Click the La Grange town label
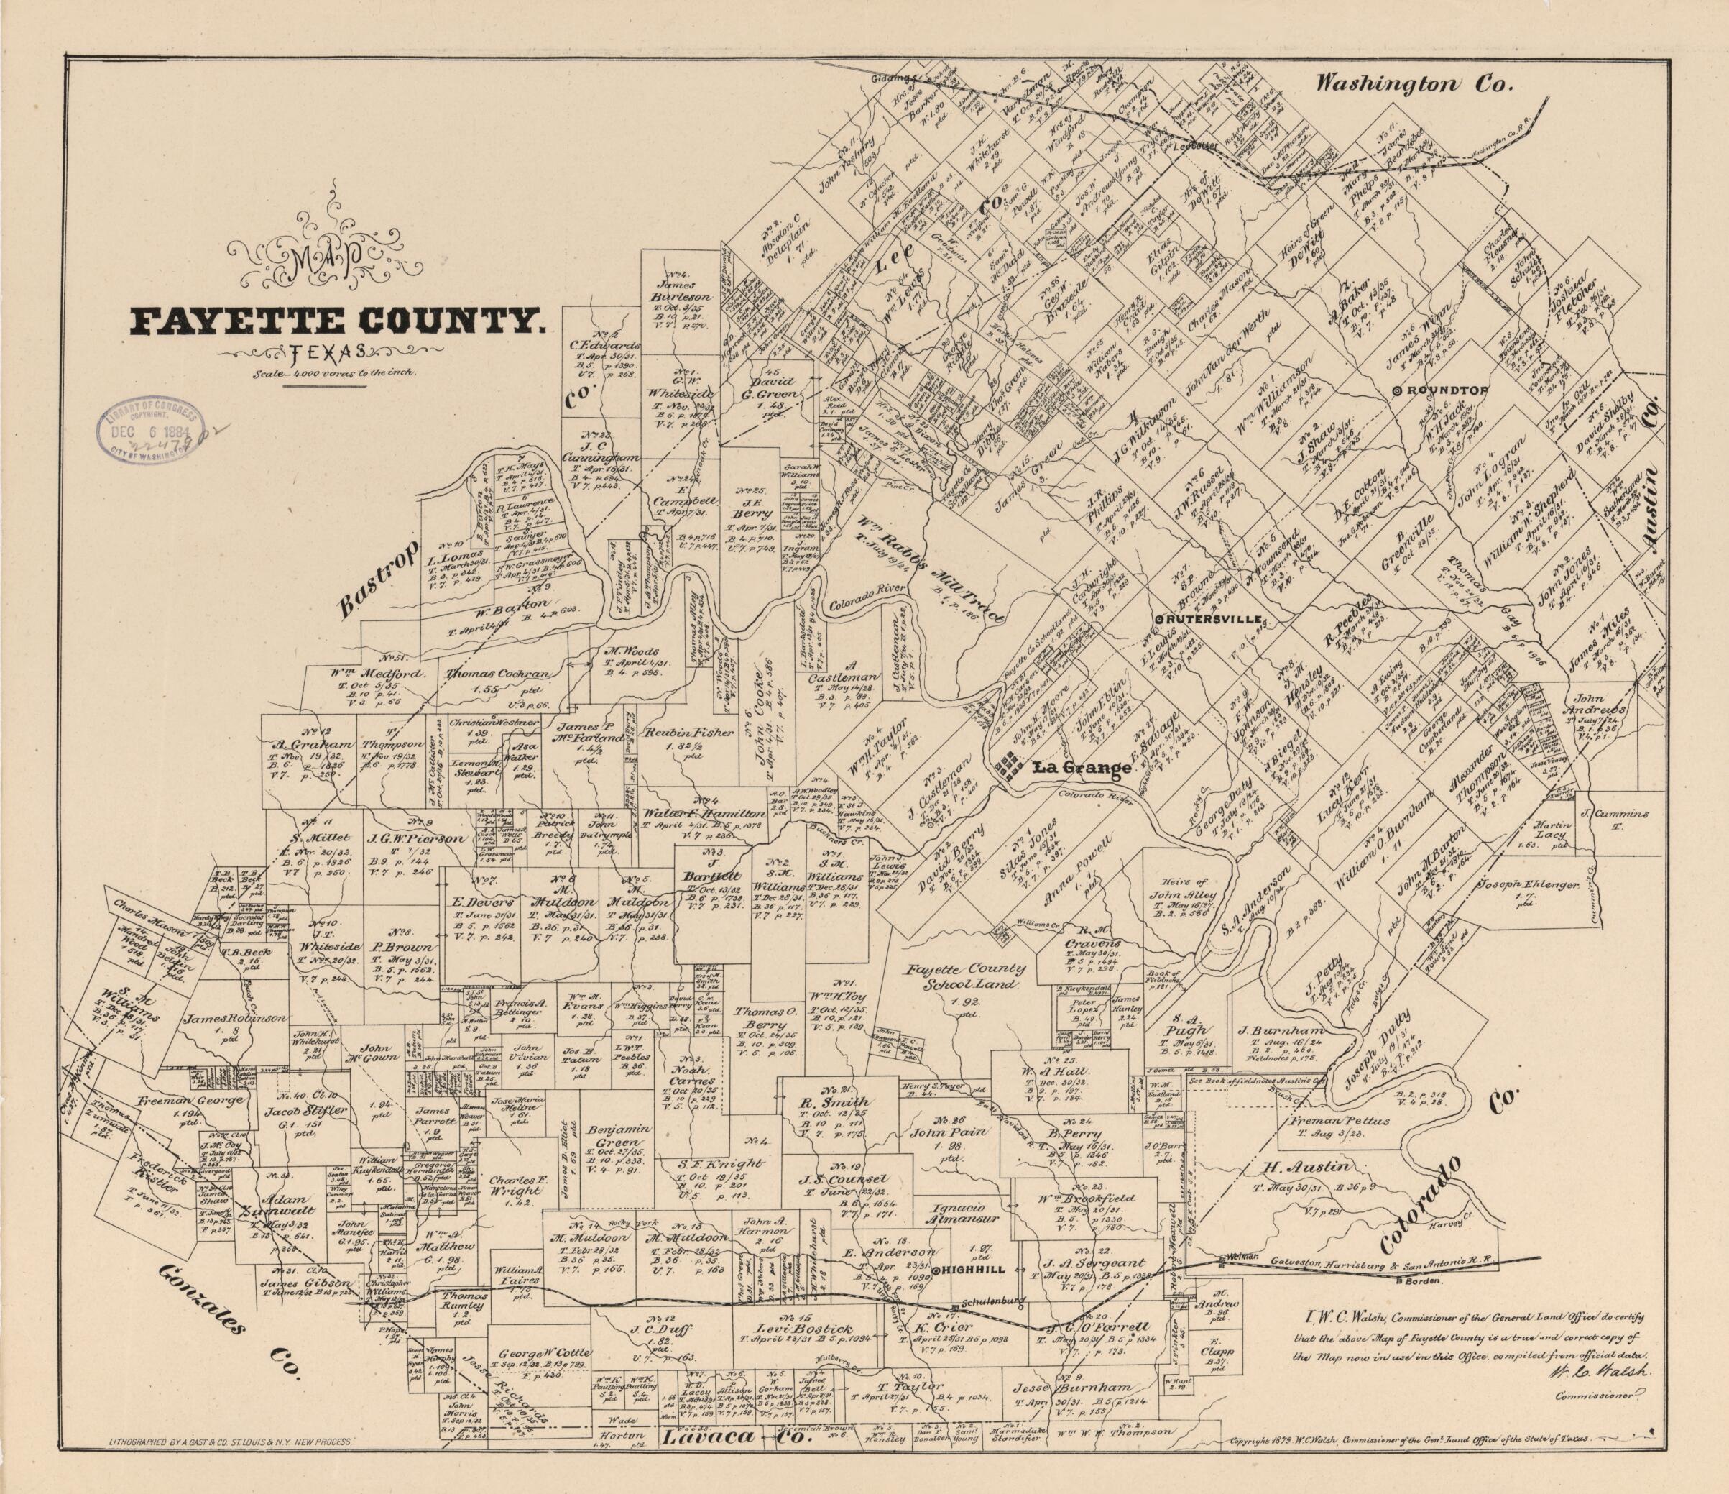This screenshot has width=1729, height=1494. pos(1082,769)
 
